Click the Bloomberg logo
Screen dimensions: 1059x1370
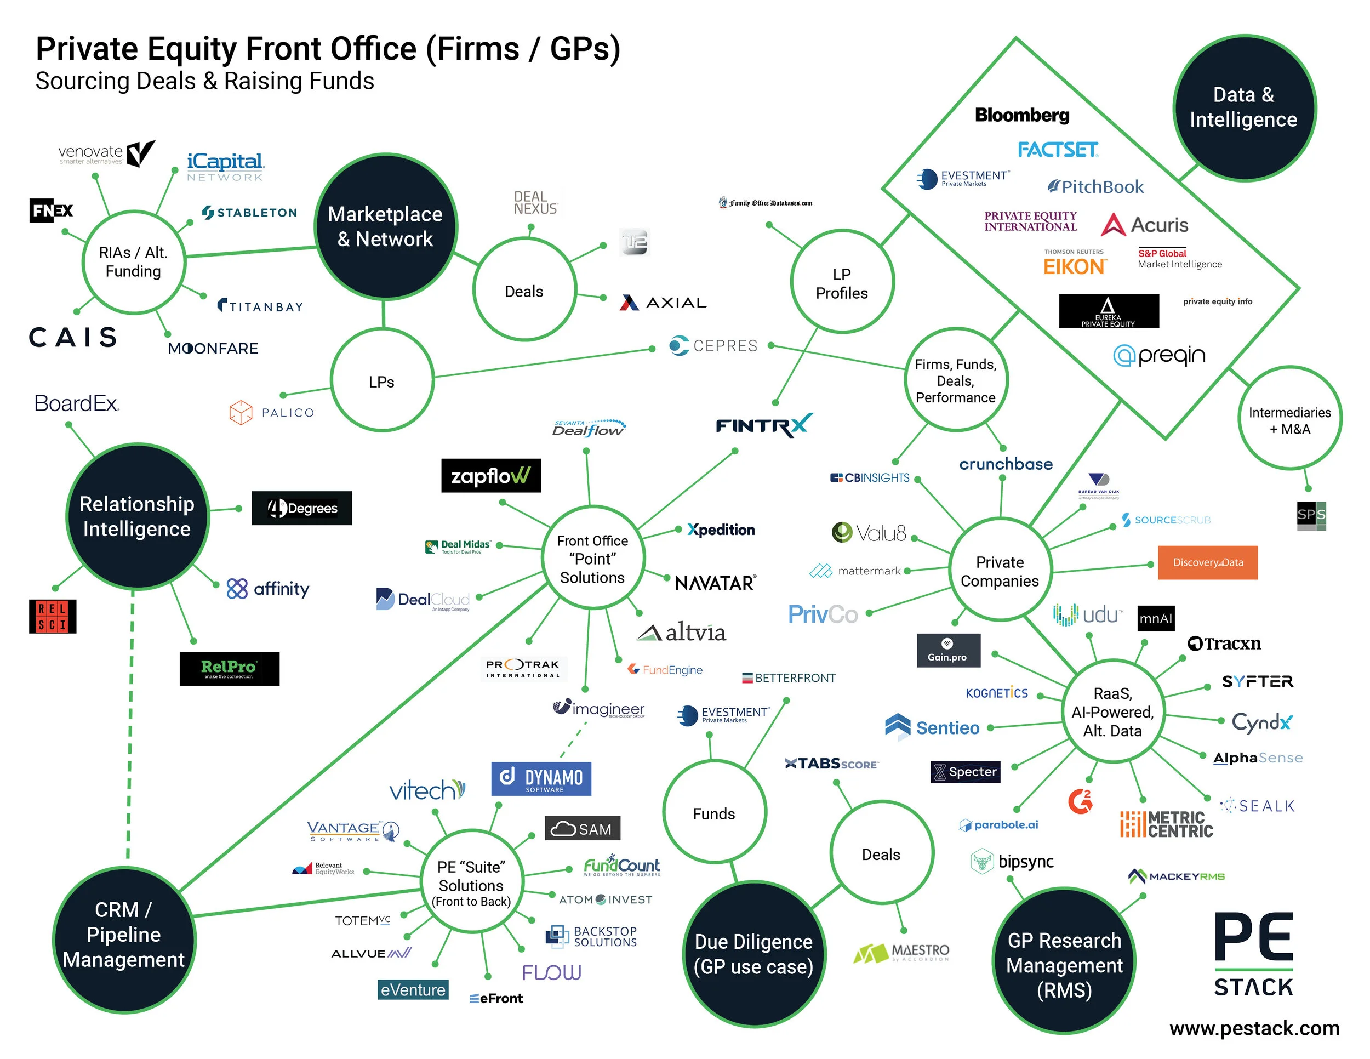click(1022, 116)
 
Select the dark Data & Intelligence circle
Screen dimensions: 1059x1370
click(1244, 108)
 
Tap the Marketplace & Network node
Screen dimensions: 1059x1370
click(385, 226)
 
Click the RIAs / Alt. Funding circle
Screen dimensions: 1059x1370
click(134, 261)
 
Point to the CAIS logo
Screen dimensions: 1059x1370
click(73, 337)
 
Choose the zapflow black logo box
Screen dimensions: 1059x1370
click(490, 476)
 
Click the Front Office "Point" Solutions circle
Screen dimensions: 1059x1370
click(592, 559)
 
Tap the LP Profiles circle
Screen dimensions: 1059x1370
click(842, 283)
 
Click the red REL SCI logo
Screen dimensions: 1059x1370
click(53, 616)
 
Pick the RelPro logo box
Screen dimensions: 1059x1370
click(229, 669)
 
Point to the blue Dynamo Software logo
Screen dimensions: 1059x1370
click(541, 778)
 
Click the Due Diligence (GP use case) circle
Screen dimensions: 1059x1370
click(754, 954)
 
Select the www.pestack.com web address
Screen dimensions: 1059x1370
click(1254, 1029)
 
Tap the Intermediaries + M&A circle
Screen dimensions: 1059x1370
click(1289, 420)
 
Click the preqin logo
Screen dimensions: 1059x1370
click(1159, 356)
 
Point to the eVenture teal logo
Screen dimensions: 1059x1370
click(413, 990)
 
